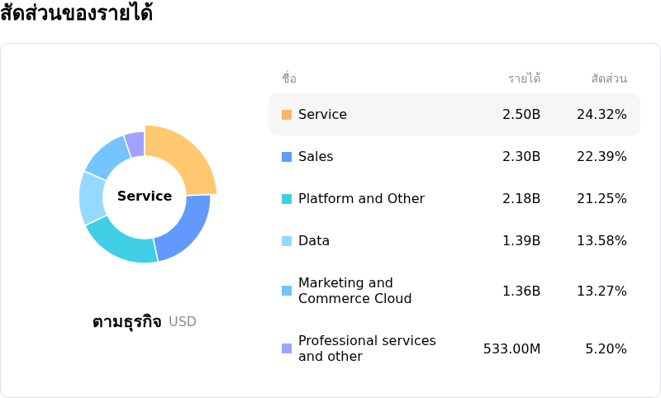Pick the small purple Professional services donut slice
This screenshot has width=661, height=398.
136,144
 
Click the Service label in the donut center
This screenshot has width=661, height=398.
145,197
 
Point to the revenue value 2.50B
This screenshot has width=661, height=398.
521,114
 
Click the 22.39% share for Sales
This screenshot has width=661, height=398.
602,156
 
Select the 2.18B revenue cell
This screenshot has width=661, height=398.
521,198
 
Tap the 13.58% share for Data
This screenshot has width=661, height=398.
602,240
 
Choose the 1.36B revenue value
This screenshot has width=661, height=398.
521,291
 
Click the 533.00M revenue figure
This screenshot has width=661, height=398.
511,348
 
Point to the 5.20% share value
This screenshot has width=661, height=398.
606,348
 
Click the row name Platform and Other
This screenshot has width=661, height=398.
361,198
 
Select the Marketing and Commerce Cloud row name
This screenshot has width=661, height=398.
354,291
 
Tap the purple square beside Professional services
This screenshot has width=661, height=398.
287,348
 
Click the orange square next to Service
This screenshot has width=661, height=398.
287,115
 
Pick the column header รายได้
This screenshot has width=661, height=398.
524,78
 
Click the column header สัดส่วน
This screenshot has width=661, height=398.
609,78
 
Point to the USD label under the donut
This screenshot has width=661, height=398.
183,322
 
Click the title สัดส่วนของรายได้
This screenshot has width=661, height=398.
76,14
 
